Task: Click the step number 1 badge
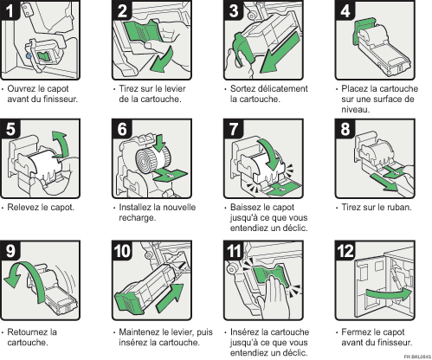coord(11,10)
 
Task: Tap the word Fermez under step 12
coord(357,331)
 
